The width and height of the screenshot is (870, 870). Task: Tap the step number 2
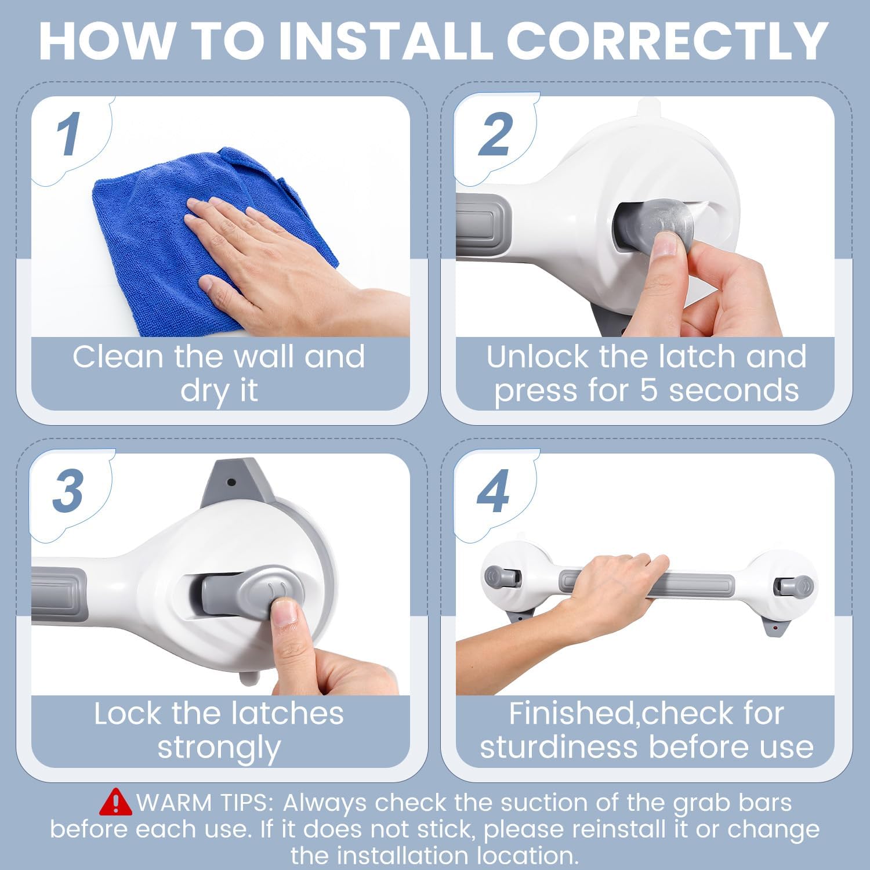[495, 134]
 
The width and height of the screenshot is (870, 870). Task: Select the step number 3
[68, 491]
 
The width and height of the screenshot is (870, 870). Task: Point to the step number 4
[494, 492]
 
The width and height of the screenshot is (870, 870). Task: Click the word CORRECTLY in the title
[666, 41]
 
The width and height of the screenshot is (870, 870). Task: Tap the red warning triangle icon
[115, 802]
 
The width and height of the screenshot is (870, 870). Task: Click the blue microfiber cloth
[157, 232]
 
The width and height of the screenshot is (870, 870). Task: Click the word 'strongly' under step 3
[219, 746]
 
